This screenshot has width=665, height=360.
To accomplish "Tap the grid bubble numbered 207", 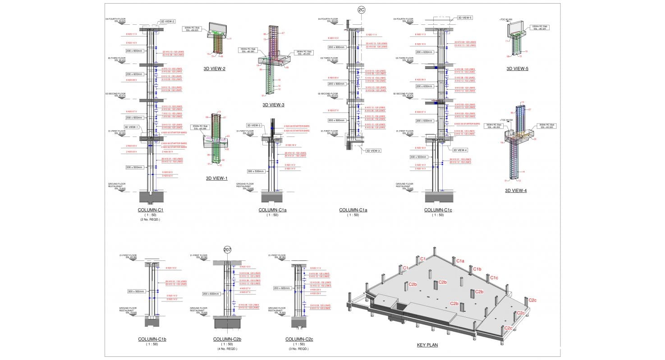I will click(228, 250).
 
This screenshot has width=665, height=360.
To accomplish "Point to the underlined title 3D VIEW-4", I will click(516, 191).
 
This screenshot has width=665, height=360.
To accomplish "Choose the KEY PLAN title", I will click(427, 345).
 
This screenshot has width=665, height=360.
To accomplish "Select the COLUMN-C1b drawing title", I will click(152, 339).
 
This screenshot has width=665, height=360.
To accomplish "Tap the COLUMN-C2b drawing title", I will click(228, 339).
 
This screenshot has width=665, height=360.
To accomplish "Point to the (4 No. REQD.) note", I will click(228, 349).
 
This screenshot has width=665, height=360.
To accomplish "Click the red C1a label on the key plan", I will click(460, 261).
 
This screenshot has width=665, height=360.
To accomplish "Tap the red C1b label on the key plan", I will click(477, 269).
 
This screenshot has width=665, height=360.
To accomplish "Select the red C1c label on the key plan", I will click(494, 278).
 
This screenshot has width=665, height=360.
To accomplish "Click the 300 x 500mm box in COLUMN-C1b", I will click(136, 292).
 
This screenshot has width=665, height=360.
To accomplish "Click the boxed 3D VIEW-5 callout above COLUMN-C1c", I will click(464, 18).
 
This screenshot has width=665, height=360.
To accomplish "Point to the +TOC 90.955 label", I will click(506, 20).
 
